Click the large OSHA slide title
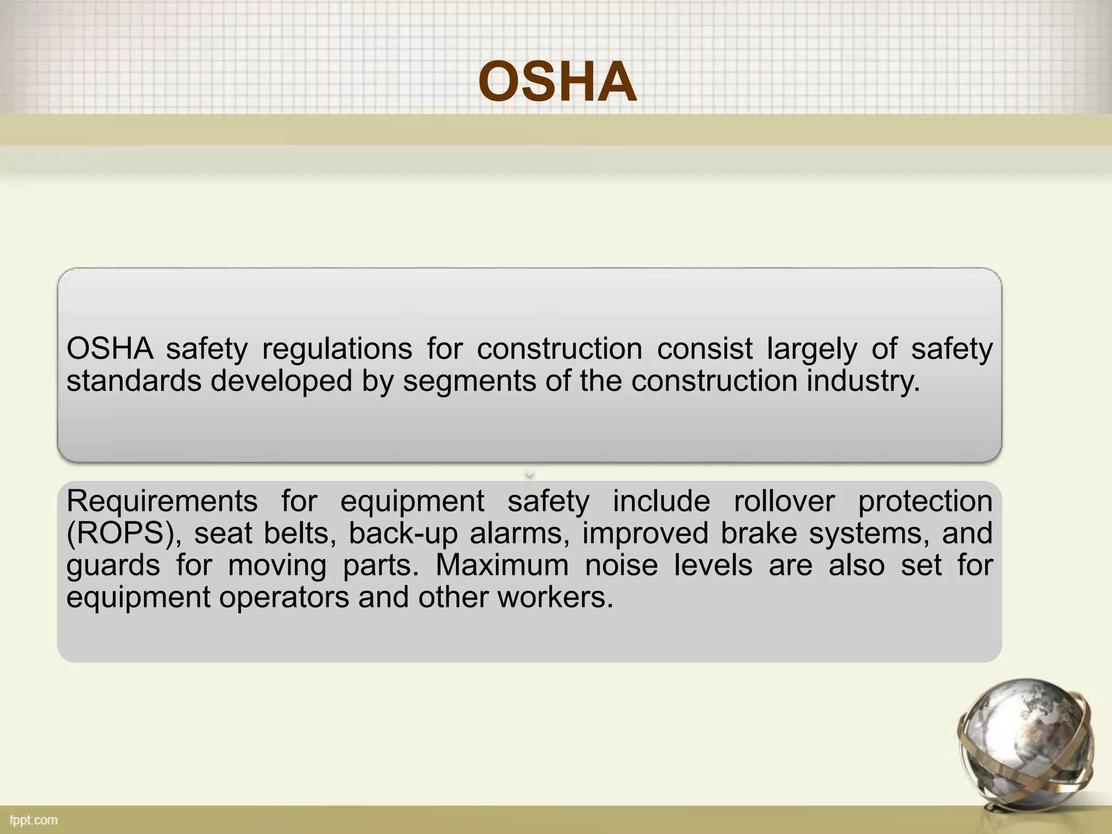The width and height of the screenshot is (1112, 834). [557, 83]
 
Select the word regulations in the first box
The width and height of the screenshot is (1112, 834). [337, 349]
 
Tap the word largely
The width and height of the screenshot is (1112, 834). [812, 349]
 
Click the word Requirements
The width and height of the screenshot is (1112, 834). [162, 501]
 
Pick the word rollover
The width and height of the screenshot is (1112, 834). [784, 501]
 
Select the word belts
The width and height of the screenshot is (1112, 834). [297, 533]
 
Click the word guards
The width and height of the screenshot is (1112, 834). [113, 566]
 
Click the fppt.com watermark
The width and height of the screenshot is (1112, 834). [33, 820]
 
